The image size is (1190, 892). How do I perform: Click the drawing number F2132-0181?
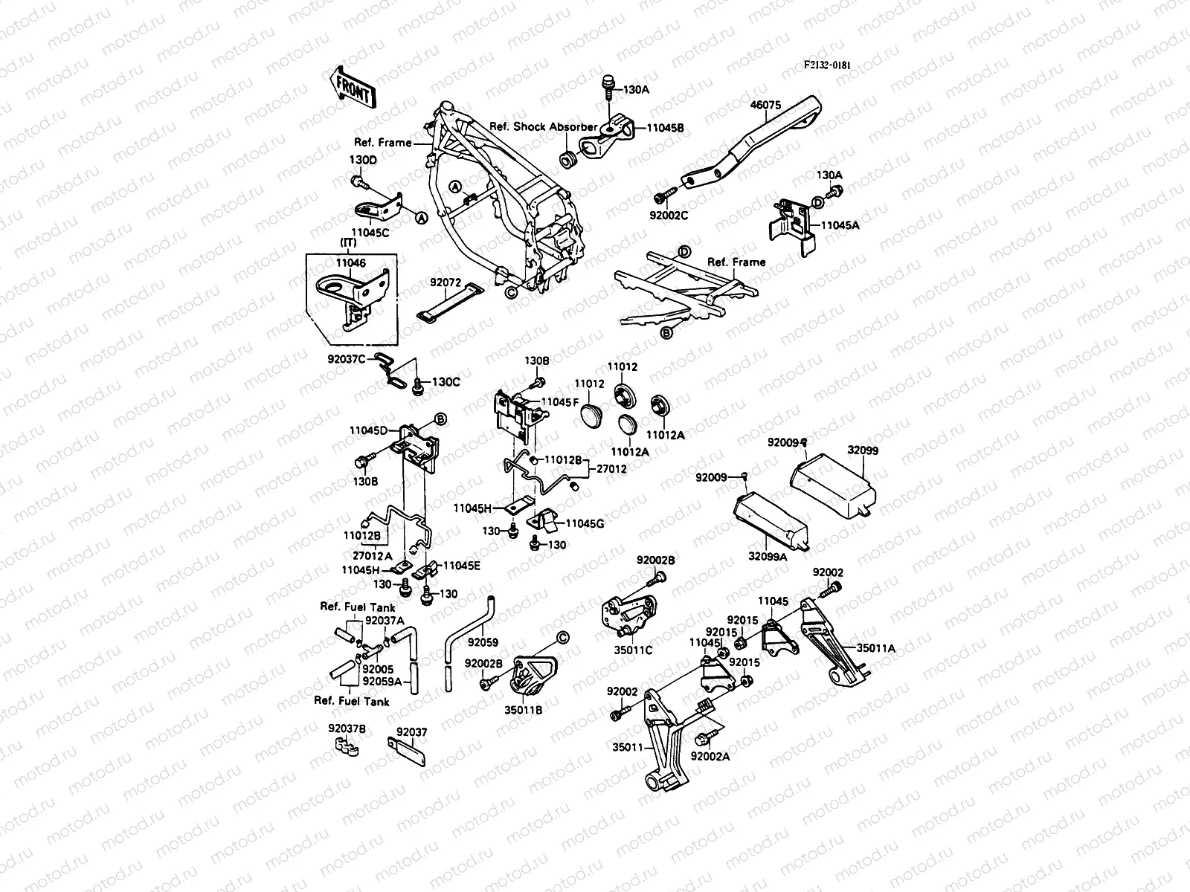pos(826,65)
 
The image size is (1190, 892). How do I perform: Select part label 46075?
pos(765,106)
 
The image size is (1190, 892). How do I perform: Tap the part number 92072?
pos(446,282)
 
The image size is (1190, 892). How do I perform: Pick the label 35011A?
pos(875,648)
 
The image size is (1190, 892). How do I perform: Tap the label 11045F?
pos(559,401)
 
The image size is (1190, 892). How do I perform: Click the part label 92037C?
pos(347,358)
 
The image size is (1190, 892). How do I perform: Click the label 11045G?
pos(585,523)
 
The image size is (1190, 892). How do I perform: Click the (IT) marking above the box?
pos(347,244)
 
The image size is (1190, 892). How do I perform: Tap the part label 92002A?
pos(710,756)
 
